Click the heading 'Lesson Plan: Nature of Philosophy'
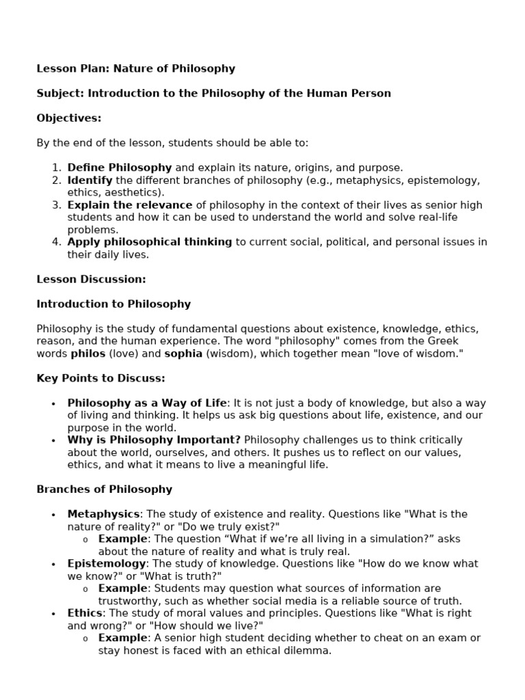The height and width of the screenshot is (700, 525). [135, 68]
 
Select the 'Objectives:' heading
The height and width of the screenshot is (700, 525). [69, 118]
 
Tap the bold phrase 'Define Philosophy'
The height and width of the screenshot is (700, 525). [120, 167]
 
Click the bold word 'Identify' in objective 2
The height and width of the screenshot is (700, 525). [90, 180]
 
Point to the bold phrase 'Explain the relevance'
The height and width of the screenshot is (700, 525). [130, 205]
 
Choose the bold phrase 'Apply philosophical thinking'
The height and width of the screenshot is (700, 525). [150, 242]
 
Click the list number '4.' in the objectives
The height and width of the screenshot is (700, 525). [57, 242]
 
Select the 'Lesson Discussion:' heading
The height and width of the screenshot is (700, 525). [91, 279]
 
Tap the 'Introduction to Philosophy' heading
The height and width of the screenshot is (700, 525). [113, 304]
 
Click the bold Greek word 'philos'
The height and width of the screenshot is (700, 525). [87, 353]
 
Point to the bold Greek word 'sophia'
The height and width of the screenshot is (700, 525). [183, 353]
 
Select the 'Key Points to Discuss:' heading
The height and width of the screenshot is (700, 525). [100, 378]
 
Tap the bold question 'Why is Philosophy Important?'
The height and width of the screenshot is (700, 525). [154, 440]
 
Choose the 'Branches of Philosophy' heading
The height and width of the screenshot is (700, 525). [104, 489]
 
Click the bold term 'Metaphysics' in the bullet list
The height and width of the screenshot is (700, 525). [103, 514]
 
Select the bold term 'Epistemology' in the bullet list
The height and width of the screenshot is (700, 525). [107, 564]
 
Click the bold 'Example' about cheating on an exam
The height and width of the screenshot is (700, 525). [123, 638]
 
